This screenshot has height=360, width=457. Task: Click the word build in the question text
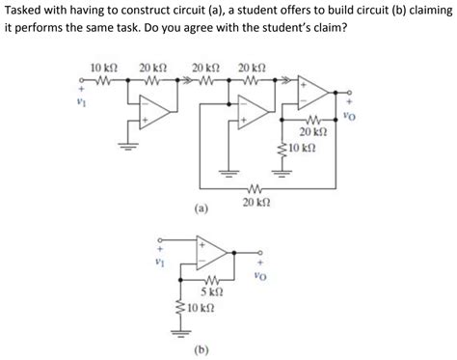(329, 11)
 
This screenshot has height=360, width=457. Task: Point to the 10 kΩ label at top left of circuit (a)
(102, 68)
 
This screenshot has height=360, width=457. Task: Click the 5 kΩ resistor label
(212, 291)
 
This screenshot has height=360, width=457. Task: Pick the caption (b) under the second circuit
(202, 347)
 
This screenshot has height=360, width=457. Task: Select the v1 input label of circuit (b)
(159, 258)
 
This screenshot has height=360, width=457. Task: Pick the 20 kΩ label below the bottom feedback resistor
(255, 202)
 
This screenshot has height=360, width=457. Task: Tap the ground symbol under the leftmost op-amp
(124, 146)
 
